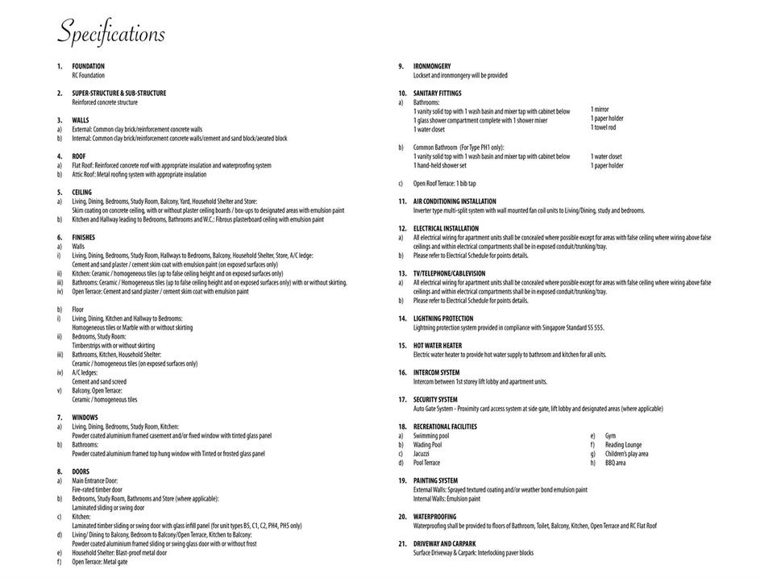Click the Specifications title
(111, 35)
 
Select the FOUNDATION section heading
(88, 66)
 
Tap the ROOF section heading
(79, 156)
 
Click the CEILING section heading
(82, 193)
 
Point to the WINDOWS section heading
(85, 417)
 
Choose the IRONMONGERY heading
(432, 66)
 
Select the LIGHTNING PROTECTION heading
(443, 318)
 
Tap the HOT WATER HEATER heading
(438, 345)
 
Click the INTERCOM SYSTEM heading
(436, 372)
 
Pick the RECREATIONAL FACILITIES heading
(445, 426)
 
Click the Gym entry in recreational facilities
(610, 435)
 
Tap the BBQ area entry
(615, 463)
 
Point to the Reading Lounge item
(623, 444)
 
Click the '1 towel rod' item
(603, 127)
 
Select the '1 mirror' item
(600, 110)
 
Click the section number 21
(401, 543)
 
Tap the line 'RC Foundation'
(89, 75)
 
